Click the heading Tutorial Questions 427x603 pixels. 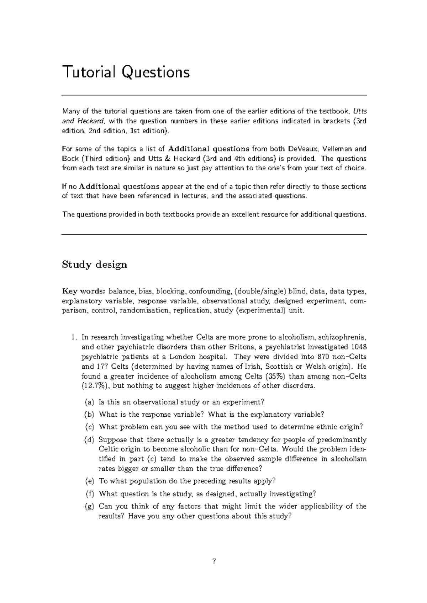[126, 73]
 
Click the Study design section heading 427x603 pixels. [94, 265]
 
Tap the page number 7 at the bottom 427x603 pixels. [214, 562]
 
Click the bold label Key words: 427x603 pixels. [84, 292]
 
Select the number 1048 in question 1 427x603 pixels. [358, 347]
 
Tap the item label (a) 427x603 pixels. [89, 402]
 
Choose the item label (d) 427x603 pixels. [89, 440]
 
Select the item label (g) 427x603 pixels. [89, 506]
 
